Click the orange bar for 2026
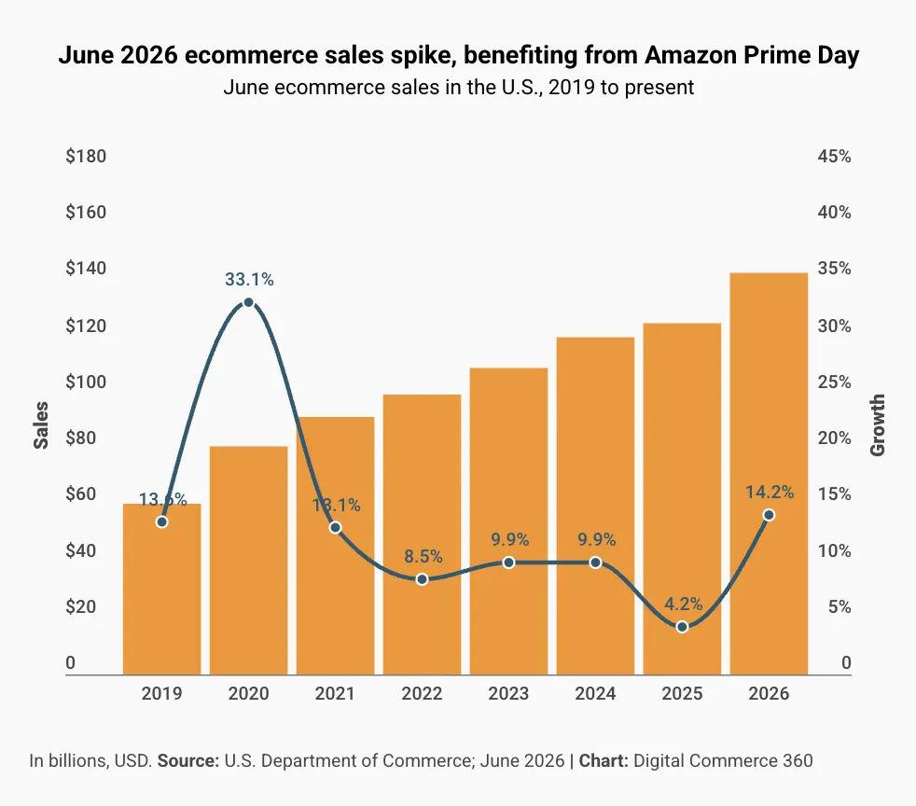click(x=769, y=474)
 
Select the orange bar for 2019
click(x=161, y=590)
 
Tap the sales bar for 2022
click(x=422, y=535)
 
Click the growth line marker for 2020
click(x=248, y=302)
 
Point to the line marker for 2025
click(x=682, y=627)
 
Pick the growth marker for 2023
click(x=508, y=563)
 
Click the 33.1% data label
click(x=249, y=280)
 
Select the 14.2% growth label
click(x=770, y=493)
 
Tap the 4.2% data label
click(x=684, y=604)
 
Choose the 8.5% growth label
click(x=423, y=556)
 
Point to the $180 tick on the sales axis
click(x=86, y=157)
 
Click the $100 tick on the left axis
click(x=86, y=382)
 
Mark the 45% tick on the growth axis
click(x=834, y=157)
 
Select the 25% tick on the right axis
click(x=834, y=382)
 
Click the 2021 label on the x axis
click(x=335, y=693)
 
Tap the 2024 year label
click(x=595, y=693)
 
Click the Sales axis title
click(x=41, y=425)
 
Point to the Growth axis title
click(x=878, y=425)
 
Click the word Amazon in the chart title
click(x=691, y=55)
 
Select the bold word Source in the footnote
click(x=188, y=760)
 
